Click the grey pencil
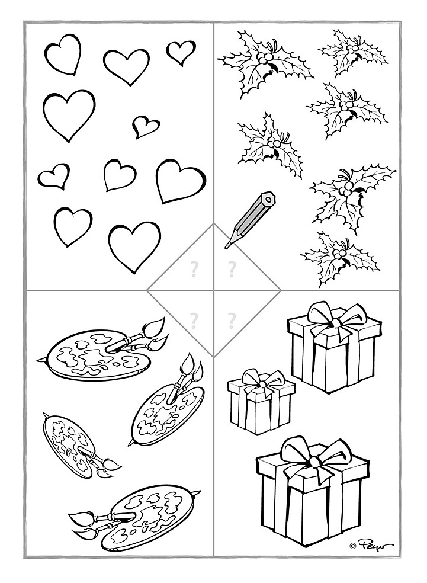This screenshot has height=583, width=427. pyautogui.click(x=250, y=219)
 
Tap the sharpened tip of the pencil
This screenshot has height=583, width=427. pyautogui.click(x=226, y=246)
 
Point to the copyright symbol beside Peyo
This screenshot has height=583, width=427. pyautogui.click(x=353, y=546)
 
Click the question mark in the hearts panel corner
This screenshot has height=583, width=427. pyautogui.click(x=193, y=270)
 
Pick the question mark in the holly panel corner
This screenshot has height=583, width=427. pyautogui.click(x=232, y=270)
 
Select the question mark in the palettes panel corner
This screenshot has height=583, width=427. pyautogui.click(x=193, y=320)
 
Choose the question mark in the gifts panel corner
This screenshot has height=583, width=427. pyautogui.click(x=232, y=320)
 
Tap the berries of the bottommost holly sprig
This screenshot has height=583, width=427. pyautogui.click(x=339, y=254)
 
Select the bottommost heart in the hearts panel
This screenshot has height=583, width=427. pyautogui.click(x=134, y=246)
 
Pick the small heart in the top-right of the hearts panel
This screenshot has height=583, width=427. pyautogui.click(x=180, y=53)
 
